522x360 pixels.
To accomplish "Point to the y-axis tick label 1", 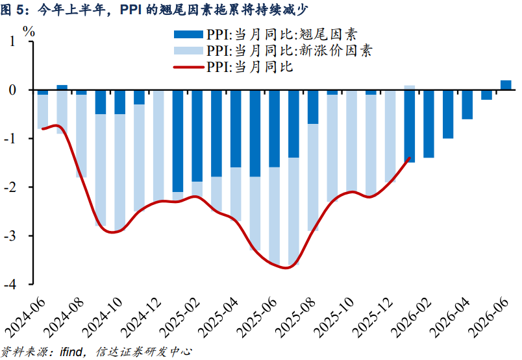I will (12, 42).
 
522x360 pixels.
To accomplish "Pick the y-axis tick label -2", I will (10, 187).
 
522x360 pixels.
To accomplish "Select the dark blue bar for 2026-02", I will (429, 124).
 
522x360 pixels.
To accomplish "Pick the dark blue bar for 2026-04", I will (467, 104).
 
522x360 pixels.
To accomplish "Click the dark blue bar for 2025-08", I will (313, 107).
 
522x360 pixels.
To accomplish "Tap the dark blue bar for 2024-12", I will (158, 91).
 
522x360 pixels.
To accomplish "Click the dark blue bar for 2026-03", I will (448, 114).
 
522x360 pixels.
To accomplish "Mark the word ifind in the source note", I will (70, 352).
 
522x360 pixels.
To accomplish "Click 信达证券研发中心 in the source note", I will (144, 352).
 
